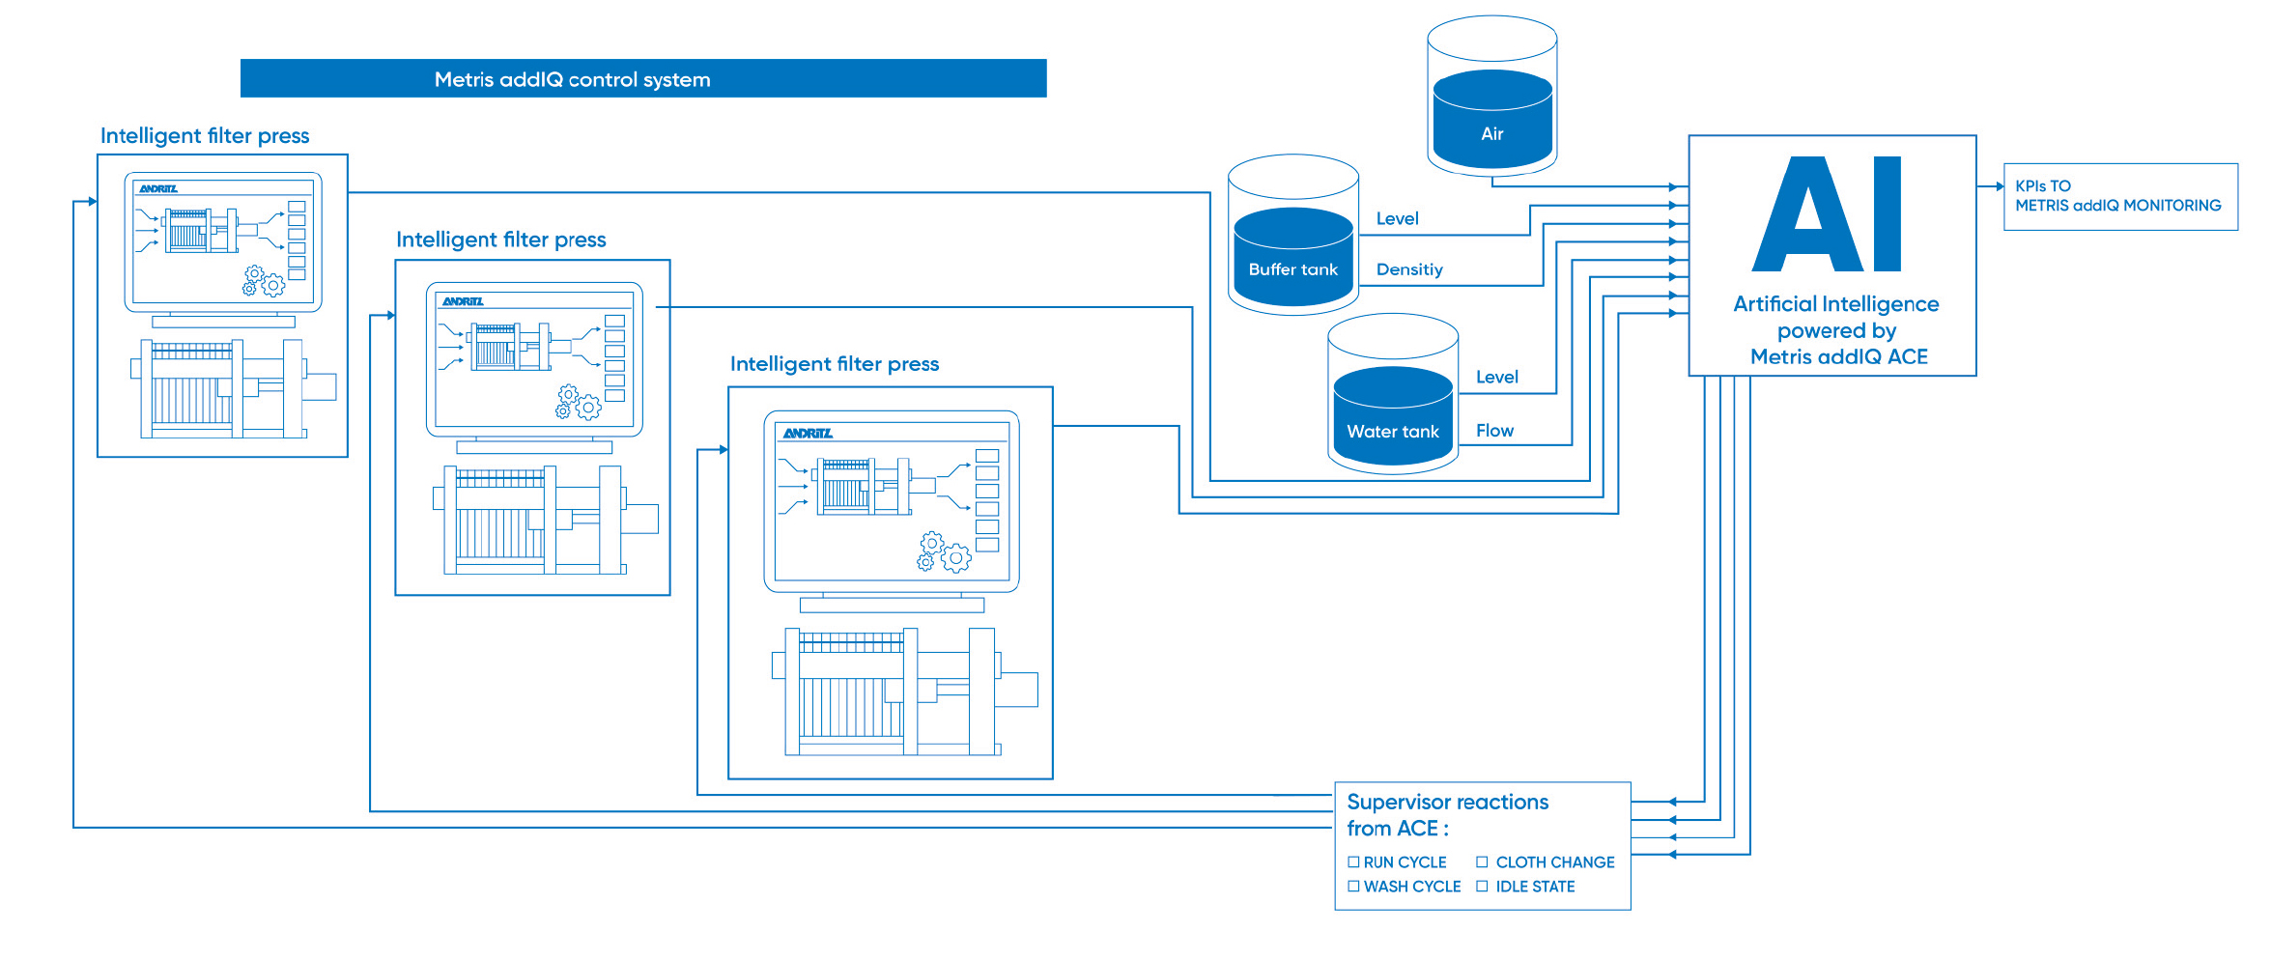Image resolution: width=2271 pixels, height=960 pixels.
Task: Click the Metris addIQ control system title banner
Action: click(x=643, y=78)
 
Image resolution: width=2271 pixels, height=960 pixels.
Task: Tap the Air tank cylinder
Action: click(x=1492, y=96)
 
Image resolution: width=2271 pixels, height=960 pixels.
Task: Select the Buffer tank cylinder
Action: click(x=1293, y=235)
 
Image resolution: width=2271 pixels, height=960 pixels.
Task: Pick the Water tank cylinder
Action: click(x=1393, y=393)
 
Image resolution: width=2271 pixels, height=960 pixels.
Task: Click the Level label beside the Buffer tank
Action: click(x=1397, y=218)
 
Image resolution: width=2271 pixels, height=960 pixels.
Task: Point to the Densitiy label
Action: click(x=1409, y=269)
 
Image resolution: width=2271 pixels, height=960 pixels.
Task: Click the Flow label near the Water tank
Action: click(x=1494, y=431)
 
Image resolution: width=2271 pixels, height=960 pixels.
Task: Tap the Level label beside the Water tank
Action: click(x=1496, y=377)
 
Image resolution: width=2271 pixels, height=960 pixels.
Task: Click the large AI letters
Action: click(x=1828, y=214)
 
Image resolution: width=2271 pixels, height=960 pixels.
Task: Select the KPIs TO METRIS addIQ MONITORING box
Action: click(x=2121, y=197)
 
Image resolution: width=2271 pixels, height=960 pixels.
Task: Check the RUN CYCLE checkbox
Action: click(x=1353, y=861)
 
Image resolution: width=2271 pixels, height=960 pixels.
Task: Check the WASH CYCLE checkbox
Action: click(x=1353, y=886)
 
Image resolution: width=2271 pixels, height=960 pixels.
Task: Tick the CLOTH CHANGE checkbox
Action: click(x=1482, y=861)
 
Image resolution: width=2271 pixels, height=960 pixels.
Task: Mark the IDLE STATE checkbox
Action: click(x=1482, y=886)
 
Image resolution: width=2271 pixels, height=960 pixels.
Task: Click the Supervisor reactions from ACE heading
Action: click(x=1447, y=815)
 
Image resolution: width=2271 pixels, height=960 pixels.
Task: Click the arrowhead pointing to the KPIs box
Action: click(x=2000, y=186)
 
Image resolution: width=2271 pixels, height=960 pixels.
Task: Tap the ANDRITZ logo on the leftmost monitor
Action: click(x=158, y=188)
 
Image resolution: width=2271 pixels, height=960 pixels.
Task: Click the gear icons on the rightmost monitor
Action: click(x=944, y=551)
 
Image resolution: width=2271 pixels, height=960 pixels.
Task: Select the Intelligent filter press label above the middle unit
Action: click(x=500, y=240)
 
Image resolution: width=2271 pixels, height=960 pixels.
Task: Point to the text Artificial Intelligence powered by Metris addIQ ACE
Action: click(x=1837, y=330)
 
